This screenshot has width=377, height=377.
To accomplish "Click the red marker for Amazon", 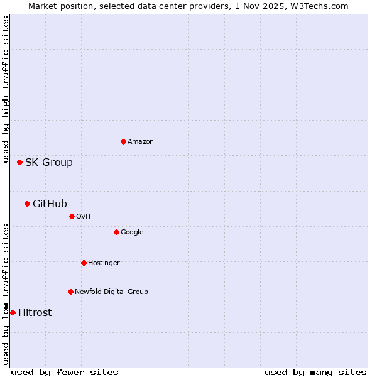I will point(123,141).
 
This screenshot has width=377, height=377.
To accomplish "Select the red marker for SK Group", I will point(19,162).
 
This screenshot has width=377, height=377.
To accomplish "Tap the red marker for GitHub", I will point(27,204).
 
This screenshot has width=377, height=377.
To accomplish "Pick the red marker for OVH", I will point(72,216).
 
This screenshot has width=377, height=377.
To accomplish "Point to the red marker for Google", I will point(116,232).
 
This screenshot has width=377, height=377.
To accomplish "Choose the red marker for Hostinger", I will point(84,263).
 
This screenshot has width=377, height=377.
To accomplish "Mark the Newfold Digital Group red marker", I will point(70,292).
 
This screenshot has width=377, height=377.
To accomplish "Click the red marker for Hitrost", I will point(13,312).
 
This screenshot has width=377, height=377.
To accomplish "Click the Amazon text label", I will point(141,142).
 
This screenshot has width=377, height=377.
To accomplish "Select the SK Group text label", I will point(49,163).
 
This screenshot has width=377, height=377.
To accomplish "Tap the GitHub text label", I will point(50,204).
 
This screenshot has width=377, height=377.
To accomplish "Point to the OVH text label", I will point(84,217).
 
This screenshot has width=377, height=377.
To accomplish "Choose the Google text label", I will point(132,232).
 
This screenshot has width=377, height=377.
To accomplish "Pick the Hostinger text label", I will point(104,263).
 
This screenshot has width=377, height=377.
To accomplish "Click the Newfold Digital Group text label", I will point(111,292).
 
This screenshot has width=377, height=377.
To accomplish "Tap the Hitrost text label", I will point(35,313).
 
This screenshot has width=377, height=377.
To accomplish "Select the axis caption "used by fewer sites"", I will point(65,373).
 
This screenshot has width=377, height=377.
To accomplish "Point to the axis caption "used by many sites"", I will point(315,373).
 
